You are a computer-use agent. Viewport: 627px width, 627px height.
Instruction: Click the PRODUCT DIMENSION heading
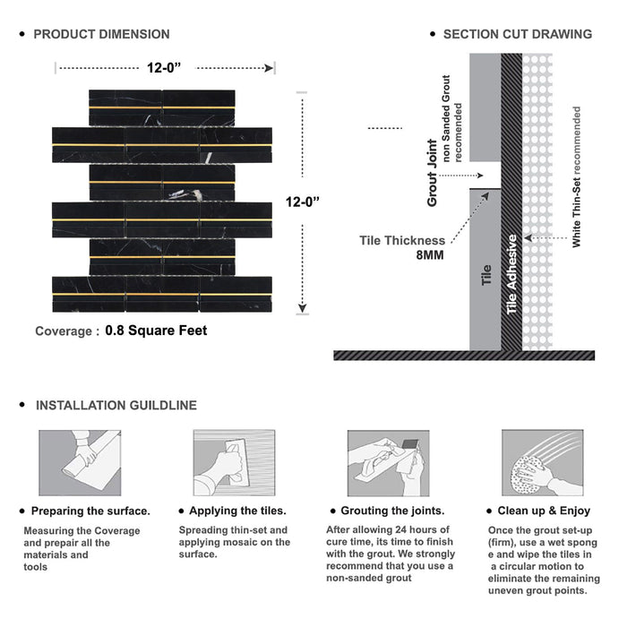101,34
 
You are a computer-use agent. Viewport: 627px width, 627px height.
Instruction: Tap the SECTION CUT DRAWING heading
517,34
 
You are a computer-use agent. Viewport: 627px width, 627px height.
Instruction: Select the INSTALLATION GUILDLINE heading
116,406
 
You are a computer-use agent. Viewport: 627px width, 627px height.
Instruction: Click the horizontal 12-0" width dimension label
166,66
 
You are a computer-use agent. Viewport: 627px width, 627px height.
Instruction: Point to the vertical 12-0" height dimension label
304,202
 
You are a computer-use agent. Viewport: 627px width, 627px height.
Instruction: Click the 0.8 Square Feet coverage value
156,331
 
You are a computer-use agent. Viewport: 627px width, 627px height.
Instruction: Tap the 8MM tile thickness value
428,254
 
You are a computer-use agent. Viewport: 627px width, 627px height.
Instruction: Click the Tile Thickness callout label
401,240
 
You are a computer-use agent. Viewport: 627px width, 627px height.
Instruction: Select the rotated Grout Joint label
433,173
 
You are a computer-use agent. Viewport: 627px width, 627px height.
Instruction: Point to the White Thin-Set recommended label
577,176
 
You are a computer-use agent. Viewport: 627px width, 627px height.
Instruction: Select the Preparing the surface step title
90,511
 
